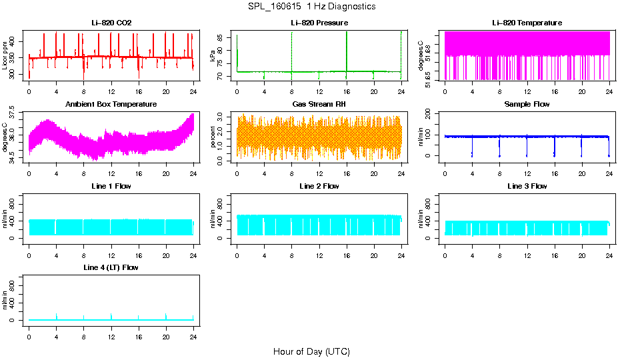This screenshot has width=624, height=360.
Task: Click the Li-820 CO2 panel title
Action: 111,23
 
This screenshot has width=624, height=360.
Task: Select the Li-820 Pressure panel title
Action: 319,23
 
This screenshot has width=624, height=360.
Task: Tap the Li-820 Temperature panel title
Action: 527,23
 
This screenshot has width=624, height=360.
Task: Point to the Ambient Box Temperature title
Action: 111,104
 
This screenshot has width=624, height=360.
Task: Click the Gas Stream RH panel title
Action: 319,104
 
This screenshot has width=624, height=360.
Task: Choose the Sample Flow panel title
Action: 527,104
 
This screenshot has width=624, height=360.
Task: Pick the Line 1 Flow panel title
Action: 111,186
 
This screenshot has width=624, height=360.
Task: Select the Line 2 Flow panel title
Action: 319,186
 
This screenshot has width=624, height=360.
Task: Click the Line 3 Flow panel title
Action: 527,186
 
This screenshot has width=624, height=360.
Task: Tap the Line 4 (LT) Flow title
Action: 111,267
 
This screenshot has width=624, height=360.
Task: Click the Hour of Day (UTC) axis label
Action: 311,351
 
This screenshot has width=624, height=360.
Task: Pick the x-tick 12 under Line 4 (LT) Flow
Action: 111,331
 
